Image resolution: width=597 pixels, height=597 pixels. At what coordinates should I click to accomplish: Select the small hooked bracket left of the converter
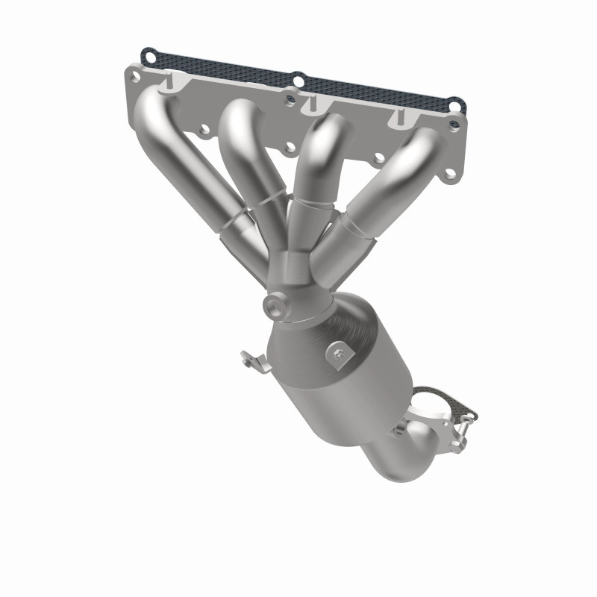coord(254,361)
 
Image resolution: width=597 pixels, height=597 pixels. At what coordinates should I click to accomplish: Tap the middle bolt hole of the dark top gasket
coord(298,78)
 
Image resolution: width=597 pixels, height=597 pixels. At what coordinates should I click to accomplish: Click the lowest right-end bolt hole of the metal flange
coord(451,175)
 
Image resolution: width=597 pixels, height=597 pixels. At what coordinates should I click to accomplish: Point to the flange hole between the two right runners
coord(379,158)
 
